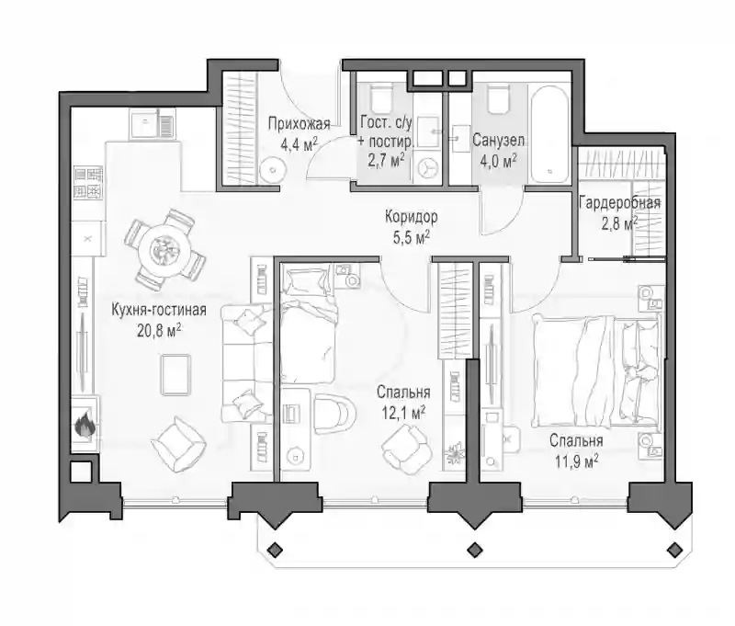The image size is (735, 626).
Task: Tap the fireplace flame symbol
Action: (x=85, y=425)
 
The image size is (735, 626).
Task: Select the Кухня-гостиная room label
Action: (x=159, y=311)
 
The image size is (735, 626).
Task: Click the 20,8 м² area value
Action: (x=159, y=331)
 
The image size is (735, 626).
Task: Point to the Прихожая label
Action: (x=300, y=124)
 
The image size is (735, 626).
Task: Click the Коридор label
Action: (x=411, y=217)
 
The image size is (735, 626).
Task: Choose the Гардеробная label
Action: (x=619, y=202)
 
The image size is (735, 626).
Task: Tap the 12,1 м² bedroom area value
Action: (x=402, y=413)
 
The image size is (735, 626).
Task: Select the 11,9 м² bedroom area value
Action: (x=576, y=461)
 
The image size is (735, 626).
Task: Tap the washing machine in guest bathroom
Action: (x=427, y=168)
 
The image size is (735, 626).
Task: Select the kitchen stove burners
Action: (x=87, y=183)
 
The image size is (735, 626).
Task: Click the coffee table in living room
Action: (x=175, y=375)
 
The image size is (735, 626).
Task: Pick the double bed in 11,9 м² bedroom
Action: (x=596, y=370)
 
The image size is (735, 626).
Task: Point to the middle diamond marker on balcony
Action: (x=475, y=548)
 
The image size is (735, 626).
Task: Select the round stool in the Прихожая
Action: (x=272, y=168)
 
